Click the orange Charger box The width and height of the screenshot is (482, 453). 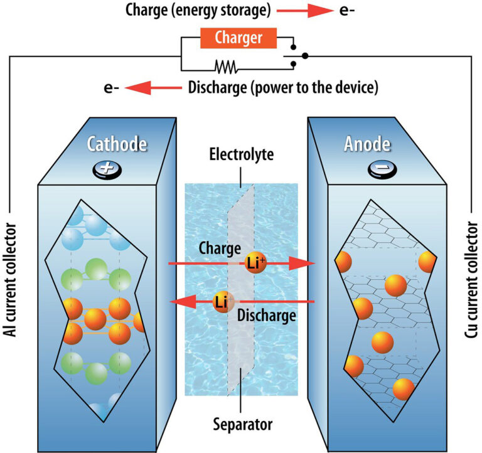pyautogui.click(x=238, y=39)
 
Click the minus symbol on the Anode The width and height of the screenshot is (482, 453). pyautogui.click(x=377, y=170)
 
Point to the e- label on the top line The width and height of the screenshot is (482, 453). pyautogui.click(x=348, y=11)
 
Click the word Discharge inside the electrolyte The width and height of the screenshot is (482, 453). pyautogui.click(x=267, y=316)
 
